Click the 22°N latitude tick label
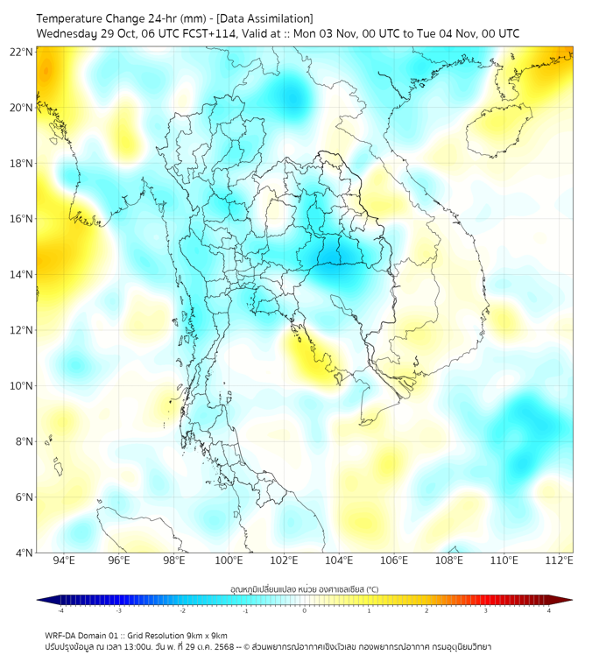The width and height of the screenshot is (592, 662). coord(22,52)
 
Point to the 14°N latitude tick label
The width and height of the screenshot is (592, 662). coord(22,274)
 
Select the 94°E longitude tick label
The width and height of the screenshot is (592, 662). coord(64,560)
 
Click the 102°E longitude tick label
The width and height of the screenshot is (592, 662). coord(284,560)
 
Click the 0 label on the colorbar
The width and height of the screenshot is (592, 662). coord(305,610)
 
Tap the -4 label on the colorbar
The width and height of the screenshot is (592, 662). coord(60,610)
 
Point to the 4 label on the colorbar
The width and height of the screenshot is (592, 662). coord(549,610)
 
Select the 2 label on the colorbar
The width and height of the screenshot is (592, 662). coord(427,610)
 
